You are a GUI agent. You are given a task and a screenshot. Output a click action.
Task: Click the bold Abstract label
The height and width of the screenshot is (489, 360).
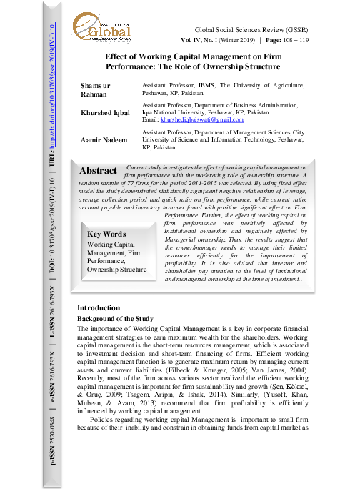pyautogui.click(x=99, y=171)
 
